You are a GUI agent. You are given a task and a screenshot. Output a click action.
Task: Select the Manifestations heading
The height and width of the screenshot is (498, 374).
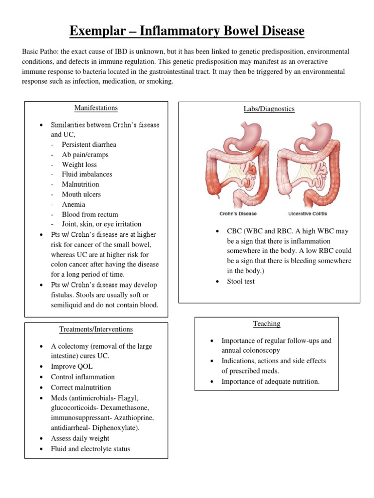click(96, 108)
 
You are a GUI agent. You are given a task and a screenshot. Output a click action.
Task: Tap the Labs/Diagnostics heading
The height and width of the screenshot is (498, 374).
click(269, 109)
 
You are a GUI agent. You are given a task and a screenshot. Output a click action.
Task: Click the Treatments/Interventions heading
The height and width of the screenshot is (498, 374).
click(96, 329)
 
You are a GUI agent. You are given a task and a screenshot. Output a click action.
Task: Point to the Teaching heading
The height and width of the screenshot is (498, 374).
click(266, 323)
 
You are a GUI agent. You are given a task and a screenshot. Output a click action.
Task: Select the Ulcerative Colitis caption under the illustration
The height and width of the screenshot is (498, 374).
click(308, 213)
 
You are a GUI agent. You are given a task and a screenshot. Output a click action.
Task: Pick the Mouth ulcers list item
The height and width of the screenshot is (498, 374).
click(81, 195)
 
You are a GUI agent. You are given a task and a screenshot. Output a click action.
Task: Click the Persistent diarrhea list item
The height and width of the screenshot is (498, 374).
click(89, 144)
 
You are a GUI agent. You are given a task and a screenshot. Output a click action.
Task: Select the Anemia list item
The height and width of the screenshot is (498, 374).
click(74, 204)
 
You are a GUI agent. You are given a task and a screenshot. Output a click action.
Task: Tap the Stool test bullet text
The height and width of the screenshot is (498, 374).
click(241, 281)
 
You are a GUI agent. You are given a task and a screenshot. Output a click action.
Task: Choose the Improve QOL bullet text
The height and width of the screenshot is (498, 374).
click(72, 366)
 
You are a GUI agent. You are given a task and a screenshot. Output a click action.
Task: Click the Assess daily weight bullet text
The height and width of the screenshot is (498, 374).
click(80, 438)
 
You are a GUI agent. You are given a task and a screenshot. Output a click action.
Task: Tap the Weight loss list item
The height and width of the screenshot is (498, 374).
click(79, 164)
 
